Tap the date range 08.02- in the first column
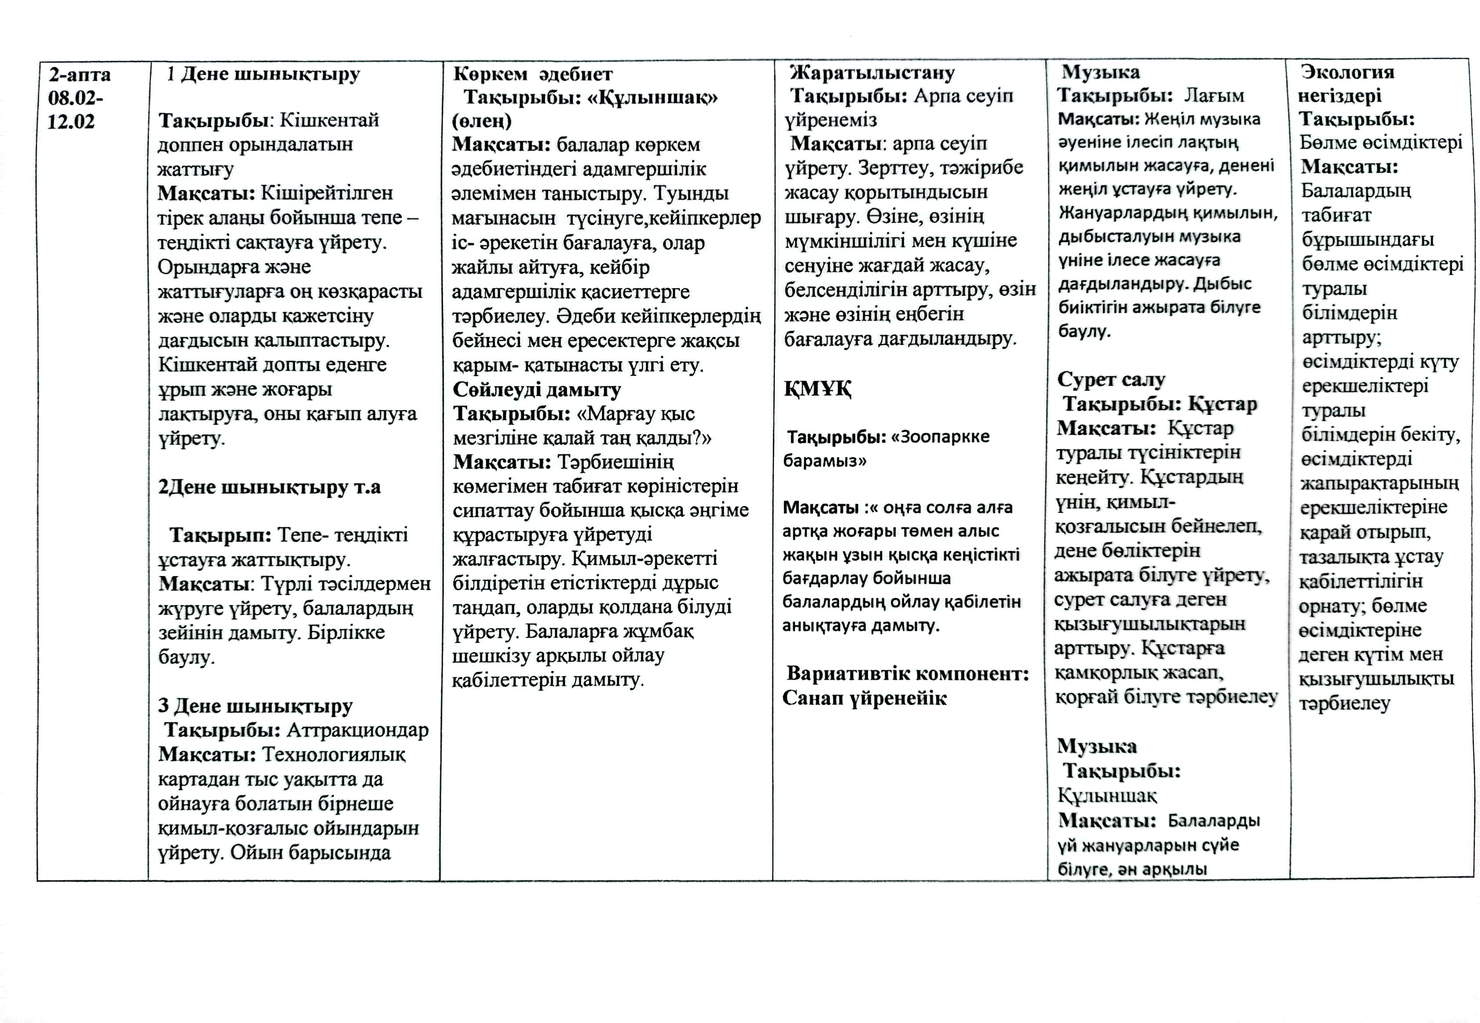click(x=76, y=98)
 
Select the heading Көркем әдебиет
click(x=533, y=74)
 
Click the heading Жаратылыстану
click(x=872, y=73)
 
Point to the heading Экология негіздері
click(x=1347, y=83)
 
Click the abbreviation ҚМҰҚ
click(x=817, y=388)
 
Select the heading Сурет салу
click(x=1111, y=380)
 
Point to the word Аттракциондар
click(x=358, y=730)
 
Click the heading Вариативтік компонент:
click(x=907, y=674)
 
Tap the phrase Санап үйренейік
click(x=864, y=698)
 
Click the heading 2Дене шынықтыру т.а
click(x=269, y=487)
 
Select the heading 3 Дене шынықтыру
click(x=255, y=706)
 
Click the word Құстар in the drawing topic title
click(x=1222, y=404)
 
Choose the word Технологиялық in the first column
click(x=334, y=755)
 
